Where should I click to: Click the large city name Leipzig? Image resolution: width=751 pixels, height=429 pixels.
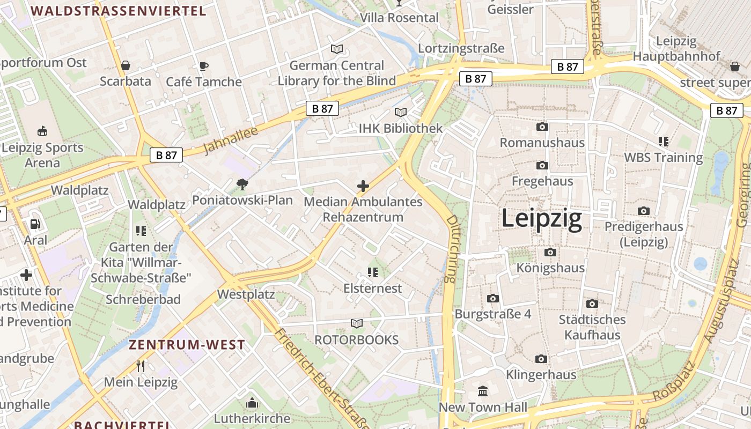point(541,219)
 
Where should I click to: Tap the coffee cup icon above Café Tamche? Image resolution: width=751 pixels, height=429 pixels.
point(203,66)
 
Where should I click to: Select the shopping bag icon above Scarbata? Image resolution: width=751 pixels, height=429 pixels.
point(126,65)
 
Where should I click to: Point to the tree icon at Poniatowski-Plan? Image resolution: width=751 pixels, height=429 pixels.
point(242,185)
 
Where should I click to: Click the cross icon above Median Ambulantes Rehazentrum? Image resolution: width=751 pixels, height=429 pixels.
point(363,186)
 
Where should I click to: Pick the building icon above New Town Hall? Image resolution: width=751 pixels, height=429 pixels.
point(483,391)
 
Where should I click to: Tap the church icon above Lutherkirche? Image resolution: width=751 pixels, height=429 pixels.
point(252,402)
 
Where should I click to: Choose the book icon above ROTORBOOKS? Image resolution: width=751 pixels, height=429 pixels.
point(357,323)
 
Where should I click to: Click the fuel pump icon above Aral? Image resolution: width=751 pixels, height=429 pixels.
point(35,224)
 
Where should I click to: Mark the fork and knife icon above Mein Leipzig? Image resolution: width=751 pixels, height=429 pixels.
point(141,366)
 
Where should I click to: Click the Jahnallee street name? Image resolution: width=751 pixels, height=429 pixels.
point(231,140)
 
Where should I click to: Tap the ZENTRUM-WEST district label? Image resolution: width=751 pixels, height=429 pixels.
point(187,345)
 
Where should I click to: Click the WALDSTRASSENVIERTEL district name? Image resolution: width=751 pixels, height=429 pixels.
point(119,11)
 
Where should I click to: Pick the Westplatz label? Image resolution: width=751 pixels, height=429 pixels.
point(246,294)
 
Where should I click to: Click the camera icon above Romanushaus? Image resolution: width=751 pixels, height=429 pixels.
point(542,127)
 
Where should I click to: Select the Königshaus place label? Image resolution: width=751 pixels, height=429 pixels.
point(550,268)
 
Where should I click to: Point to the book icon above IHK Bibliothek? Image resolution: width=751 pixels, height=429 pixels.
point(401,112)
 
